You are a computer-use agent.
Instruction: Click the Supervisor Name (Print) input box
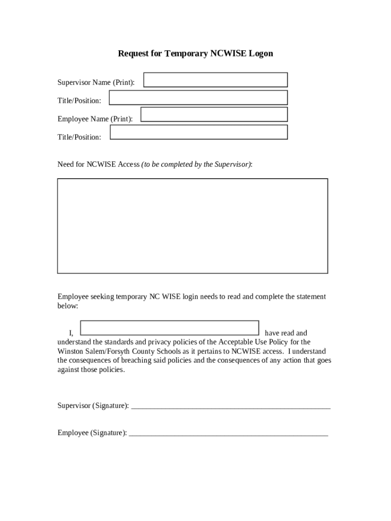[215, 80]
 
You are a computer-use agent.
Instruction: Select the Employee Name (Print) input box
[214, 114]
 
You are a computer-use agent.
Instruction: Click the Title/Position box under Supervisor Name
[199, 98]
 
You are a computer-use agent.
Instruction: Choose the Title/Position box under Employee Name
[199, 132]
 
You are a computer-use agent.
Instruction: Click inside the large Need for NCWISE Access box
[192, 226]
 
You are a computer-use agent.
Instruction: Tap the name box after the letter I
[170, 328]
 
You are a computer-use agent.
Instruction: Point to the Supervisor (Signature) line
[231, 406]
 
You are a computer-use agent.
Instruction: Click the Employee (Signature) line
[229, 433]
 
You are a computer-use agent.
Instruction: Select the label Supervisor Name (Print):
[96, 82]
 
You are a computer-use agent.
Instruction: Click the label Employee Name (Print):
[95, 119]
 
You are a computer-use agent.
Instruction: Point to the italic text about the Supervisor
[197, 164]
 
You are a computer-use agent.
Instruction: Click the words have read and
[286, 333]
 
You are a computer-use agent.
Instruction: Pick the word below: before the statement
[68, 306]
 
